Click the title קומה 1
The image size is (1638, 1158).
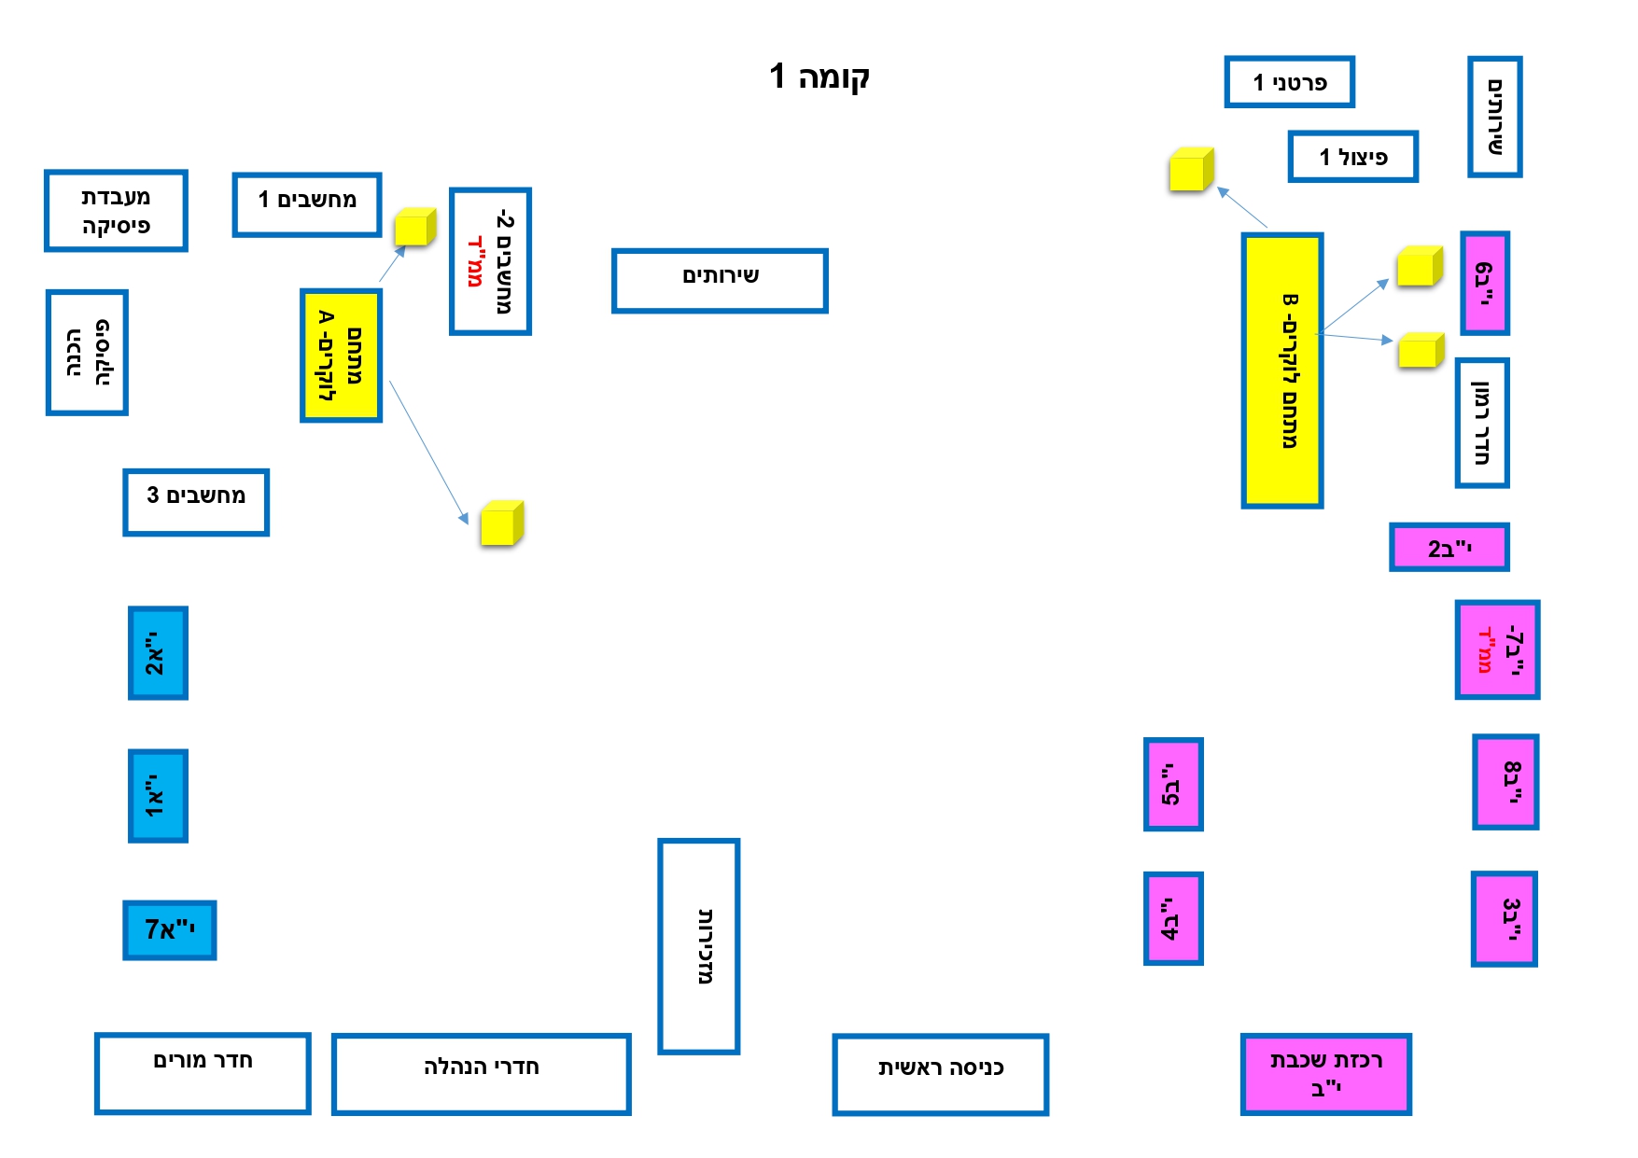point(819,77)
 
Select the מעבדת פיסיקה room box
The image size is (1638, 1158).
point(116,211)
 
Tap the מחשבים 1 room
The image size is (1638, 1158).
point(307,204)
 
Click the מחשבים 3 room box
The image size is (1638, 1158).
point(196,502)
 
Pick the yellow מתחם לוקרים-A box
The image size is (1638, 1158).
point(341,356)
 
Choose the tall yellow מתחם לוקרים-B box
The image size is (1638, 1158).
point(1282,370)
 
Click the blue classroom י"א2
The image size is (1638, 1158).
point(158,653)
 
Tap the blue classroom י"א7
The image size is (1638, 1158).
point(170,930)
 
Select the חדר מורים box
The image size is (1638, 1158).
point(203,1073)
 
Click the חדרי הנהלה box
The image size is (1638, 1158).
point(482,1074)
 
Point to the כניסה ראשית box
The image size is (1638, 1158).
point(941,1074)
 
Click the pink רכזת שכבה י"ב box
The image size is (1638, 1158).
point(1326,1074)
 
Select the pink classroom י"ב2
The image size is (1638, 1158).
point(1449,548)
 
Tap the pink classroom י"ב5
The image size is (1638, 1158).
point(1173,784)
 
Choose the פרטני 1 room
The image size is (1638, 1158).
point(1290,82)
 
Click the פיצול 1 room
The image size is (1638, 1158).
point(1353,157)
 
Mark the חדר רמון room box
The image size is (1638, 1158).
point(1482,423)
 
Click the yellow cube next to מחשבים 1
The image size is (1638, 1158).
point(415,227)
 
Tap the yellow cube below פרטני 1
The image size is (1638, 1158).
point(1191,169)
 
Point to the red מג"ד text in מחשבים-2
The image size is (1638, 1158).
point(475,261)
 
